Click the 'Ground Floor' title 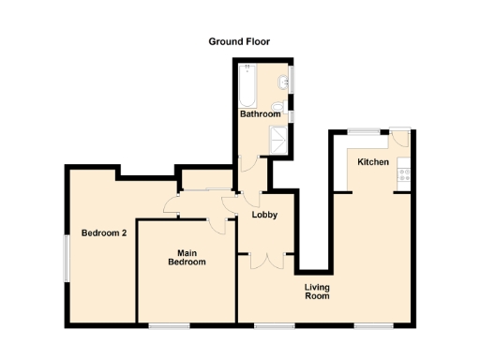(x=239, y=41)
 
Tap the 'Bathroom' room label (x=260, y=114)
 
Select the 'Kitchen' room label (x=373, y=162)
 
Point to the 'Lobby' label (x=264, y=216)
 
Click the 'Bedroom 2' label (x=103, y=233)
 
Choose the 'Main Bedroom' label (x=187, y=257)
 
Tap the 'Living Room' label (x=317, y=291)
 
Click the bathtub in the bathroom (x=247, y=86)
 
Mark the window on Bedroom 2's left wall (x=66, y=256)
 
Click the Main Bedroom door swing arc (x=221, y=221)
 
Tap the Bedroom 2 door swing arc (x=172, y=205)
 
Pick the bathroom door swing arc (x=247, y=164)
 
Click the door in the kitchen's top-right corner (x=400, y=137)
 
